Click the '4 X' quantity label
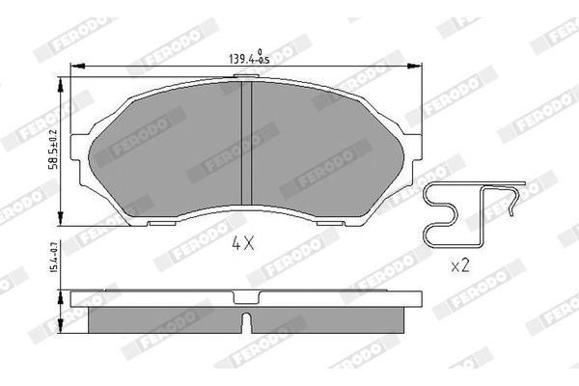pyautogui.click(x=242, y=244)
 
